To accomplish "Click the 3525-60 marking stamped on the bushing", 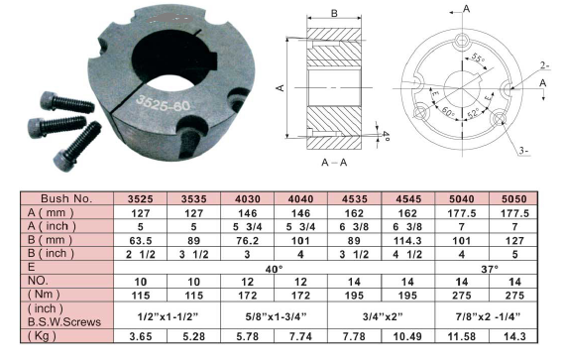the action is [163, 104].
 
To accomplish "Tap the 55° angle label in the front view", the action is [478, 58].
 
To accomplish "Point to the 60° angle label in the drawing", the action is [448, 113].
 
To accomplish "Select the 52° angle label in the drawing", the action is [474, 113].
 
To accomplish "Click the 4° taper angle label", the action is [386, 136].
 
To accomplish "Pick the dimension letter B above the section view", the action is [334, 13].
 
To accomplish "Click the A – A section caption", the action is [334, 163].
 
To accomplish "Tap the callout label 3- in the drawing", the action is [524, 151].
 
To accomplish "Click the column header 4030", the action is [247, 199].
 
